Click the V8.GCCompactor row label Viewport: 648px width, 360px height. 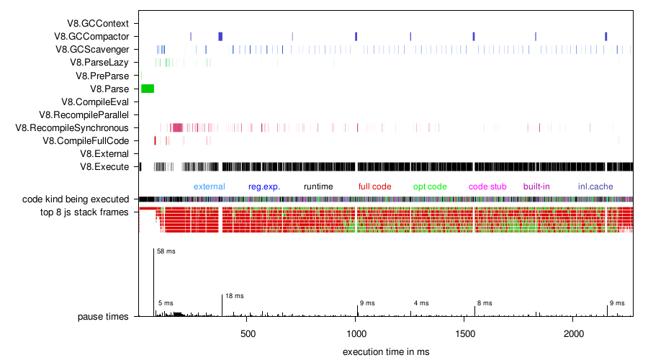[x=96, y=37]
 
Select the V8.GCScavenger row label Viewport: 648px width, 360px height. [x=97, y=50]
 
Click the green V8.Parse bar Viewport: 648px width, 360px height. [x=148, y=89]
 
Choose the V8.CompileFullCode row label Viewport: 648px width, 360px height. [x=89, y=141]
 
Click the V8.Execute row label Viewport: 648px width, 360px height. [x=104, y=167]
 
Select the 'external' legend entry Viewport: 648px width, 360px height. [x=209, y=186]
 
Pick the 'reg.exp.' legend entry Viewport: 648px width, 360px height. [x=264, y=186]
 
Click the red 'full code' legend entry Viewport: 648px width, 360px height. [x=374, y=186]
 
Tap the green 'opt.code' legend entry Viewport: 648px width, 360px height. [x=430, y=186]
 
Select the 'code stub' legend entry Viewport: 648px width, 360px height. [x=487, y=186]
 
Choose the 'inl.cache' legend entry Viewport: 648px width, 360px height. [x=595, y=186]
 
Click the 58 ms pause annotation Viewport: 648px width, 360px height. [x=166, y=251]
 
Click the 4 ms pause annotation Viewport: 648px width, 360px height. [x=421, y=303]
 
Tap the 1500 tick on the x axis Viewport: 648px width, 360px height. [x=465, y=335]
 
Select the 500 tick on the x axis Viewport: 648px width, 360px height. [x=248, y=335]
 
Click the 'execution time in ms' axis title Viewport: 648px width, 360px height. [x=386, y=351]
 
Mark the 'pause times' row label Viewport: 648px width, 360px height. [x=103, y=316]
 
